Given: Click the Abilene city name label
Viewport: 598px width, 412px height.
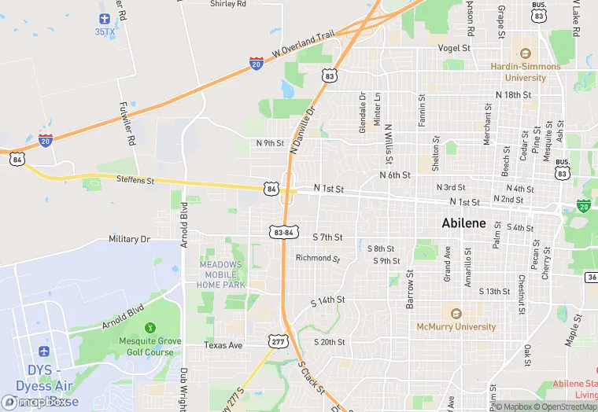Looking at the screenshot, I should point(463,223).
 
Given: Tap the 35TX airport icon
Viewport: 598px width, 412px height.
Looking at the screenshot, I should point(105,18).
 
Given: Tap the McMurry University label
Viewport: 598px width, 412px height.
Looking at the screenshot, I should point(456,326).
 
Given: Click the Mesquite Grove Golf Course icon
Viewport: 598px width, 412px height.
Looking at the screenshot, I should point(150,327).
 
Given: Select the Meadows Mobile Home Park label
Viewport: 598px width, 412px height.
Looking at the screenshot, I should point(221,274).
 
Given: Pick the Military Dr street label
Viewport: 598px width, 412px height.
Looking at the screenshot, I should point(129,239).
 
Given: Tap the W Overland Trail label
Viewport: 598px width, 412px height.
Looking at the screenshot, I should point(304,45).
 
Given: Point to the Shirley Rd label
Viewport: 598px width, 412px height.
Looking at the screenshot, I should point(228,4).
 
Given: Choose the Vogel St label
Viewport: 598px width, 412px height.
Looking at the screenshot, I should point(454,48).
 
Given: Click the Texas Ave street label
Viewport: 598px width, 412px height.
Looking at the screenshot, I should point(223,345).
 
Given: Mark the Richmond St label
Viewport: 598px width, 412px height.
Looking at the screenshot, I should point(317,258).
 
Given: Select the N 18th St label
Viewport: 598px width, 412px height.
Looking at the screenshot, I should point(514,94).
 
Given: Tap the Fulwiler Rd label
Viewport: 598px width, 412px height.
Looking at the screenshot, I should point(128,118).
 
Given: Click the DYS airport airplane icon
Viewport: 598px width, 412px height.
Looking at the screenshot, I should point(43,349).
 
